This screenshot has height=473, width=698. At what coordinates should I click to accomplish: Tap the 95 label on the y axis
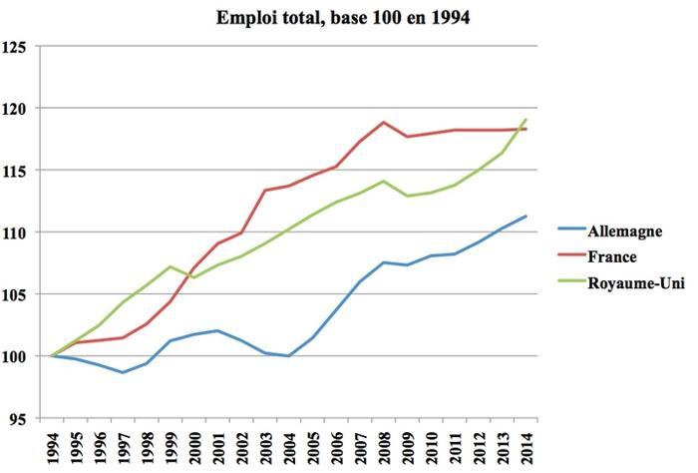[18, 418]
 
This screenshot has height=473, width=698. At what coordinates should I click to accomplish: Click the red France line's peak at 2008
[383, 122]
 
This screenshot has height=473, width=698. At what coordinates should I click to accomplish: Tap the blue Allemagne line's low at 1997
[122, 372]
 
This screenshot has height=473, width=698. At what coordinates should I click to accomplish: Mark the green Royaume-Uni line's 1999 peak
[170, 266]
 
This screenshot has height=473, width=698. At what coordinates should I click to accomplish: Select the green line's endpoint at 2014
[525, 120]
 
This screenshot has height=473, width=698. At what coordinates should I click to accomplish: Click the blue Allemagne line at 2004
[288, 356]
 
